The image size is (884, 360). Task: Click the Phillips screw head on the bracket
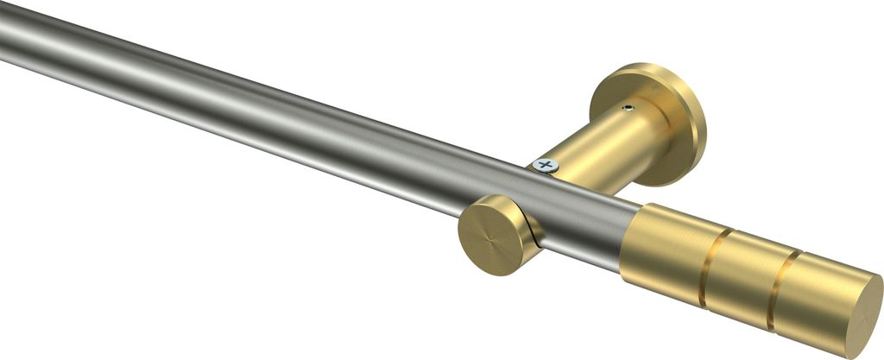click(544, 163)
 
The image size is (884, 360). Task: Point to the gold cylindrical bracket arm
click(604, 142)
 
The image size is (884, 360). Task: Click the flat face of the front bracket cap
click(489, 232)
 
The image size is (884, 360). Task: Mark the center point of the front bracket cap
click(489, 232)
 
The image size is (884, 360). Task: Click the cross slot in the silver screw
click(544, 163)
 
